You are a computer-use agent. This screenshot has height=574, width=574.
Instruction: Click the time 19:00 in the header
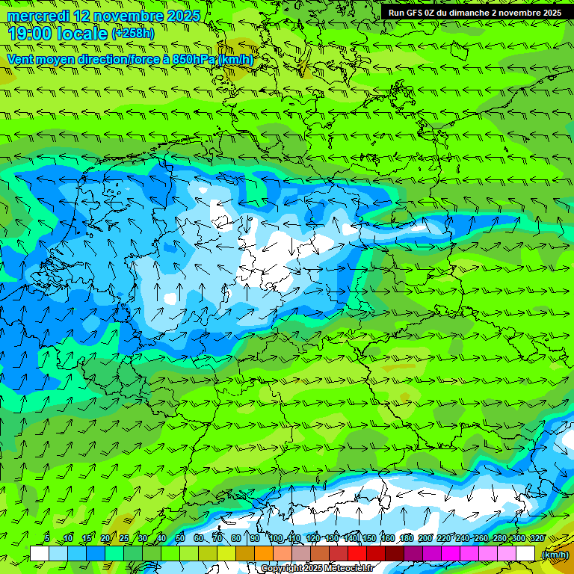[x=29, y=34]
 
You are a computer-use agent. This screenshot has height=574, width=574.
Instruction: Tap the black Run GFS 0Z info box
[x=475, y=13]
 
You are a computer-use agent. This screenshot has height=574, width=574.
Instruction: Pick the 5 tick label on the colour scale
[x=47, y=539]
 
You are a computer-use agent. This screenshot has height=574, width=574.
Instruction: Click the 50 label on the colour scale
[x=180, y=539]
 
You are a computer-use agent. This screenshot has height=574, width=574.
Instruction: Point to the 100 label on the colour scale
[x=276, y=539]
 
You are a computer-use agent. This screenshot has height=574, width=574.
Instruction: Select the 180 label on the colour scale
[x=406, y=539]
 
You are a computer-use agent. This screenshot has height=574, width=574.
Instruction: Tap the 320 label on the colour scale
[x=536, y=539]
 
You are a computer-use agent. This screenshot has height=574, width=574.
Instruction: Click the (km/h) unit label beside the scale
[x=555, y=554]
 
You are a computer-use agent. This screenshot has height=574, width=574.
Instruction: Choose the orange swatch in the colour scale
[x=263, y=553]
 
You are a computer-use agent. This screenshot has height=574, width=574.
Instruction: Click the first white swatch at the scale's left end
[x=39, y=553]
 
